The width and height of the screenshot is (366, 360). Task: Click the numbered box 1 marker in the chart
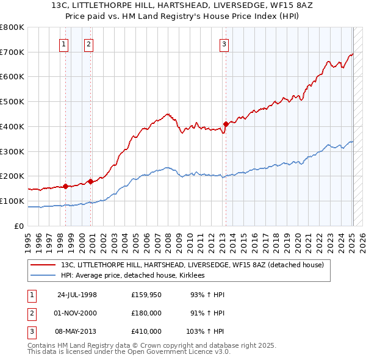[x=64, y=43]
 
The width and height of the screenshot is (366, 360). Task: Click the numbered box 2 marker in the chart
[x=88, y=43]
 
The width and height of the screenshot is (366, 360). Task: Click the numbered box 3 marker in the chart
[x=224, y=43]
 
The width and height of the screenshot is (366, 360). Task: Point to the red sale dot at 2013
[x=226, y=124]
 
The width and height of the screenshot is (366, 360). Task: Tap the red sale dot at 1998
[x=65, y=186]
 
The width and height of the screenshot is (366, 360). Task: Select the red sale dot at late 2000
[x=90, y=181]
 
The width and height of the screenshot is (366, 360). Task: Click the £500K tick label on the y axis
[x=12, y=102]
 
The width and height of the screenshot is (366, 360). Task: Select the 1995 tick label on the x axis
[x=27, y=239]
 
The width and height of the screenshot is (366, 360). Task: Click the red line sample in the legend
[x=43, y=265]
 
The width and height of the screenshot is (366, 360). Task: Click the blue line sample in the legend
[x=43, y=275]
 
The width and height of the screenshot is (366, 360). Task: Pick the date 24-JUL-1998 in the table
[x=77, y=295]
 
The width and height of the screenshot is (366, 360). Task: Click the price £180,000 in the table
[x=146, y=313]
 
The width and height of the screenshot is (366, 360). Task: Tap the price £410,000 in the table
[x=146, y=331]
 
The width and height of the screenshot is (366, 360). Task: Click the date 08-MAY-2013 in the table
[x=77, y=331]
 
